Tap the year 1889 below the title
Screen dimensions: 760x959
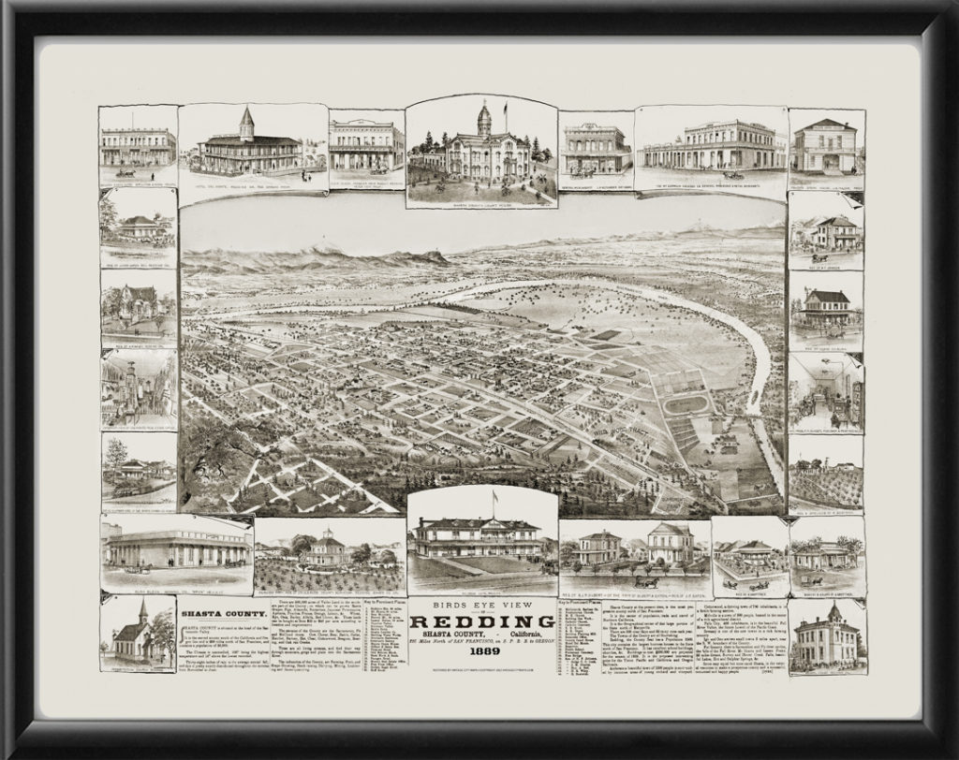482,652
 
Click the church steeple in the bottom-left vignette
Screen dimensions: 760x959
141,611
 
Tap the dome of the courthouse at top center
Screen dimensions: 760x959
484,118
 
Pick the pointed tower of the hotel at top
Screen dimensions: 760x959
246,122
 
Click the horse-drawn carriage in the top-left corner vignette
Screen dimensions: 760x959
125,172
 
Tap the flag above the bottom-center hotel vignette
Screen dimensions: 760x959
494,496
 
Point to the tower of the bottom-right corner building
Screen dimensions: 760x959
832,613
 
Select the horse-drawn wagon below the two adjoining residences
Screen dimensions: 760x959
646,581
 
